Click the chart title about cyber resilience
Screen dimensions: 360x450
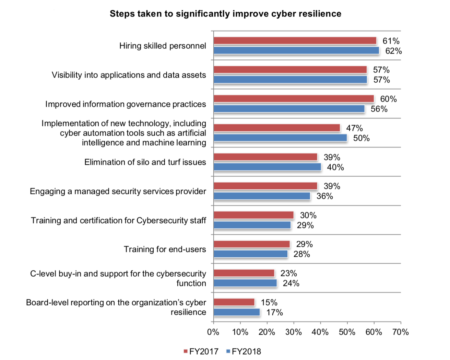[225, 14]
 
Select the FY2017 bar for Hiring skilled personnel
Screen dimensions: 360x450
[295, 41]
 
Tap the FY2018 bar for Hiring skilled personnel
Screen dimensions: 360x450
[296, 51]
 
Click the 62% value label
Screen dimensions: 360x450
[393, 51]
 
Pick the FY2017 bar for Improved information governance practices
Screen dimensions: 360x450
[294, 99]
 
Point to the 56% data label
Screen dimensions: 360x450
[379, 109]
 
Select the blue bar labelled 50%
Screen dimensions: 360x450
[280, 138]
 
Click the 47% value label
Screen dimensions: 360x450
[354, 128]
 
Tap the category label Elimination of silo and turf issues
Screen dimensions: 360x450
[145, 162]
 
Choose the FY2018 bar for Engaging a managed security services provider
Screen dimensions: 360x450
[262, 196]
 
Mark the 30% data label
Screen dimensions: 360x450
[308, 216]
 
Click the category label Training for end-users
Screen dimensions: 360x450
[165, 249]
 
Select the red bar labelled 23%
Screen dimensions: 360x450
[244, 273]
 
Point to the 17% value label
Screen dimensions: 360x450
[274, 313]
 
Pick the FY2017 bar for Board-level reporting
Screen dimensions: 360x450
[234, 302]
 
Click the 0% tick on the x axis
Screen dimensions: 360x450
[213, 332]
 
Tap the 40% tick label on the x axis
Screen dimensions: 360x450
[320, 332]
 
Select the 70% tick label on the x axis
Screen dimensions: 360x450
[400, 332]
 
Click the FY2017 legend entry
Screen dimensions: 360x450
[201, 351]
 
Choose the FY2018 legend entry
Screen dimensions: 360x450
[244, 351]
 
